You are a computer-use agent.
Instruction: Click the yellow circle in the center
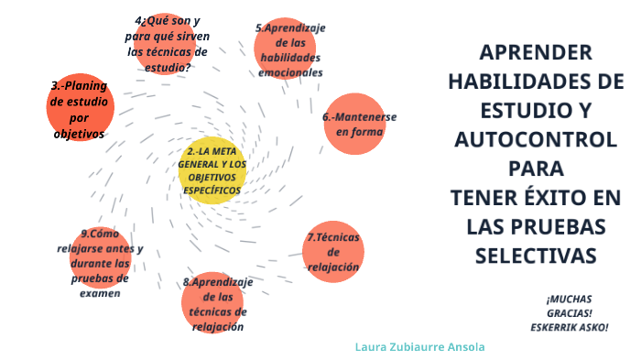[212, 170]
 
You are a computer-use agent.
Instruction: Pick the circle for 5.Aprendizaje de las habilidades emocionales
[290, 49]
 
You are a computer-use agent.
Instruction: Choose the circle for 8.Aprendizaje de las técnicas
[216, 303]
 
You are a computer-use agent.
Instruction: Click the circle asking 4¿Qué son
[166, 43]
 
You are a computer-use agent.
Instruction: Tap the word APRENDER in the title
[536, 52]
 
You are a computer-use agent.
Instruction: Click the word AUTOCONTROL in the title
[536, 140]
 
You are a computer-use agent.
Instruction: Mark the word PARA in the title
[536, 169]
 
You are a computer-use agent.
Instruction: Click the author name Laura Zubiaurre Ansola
[420, 347]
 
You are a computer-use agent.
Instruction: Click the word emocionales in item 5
[290, 71]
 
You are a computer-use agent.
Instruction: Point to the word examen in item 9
[100, 293]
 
